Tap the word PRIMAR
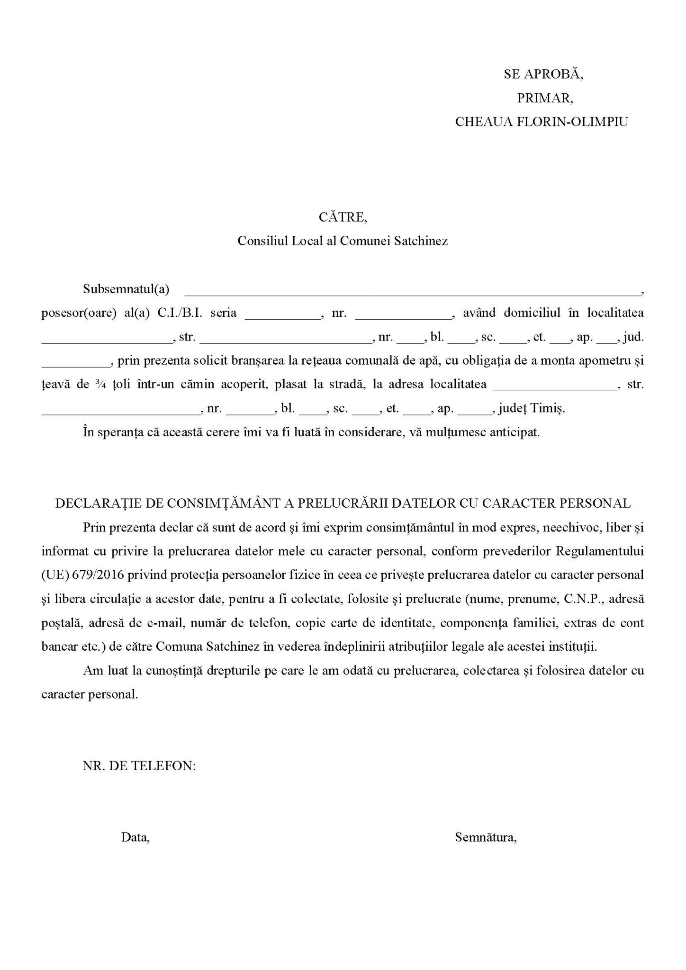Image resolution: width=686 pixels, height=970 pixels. point(545,98)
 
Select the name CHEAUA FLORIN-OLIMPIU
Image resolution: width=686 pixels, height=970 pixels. point(542,122)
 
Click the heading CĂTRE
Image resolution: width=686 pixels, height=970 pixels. point(343,217)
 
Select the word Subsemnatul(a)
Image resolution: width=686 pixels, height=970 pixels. point(126,289)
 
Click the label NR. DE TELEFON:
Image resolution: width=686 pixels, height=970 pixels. point(139,766)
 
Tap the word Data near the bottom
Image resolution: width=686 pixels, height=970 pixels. point(135,837)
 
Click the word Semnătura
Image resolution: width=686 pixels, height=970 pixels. point(485,837)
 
